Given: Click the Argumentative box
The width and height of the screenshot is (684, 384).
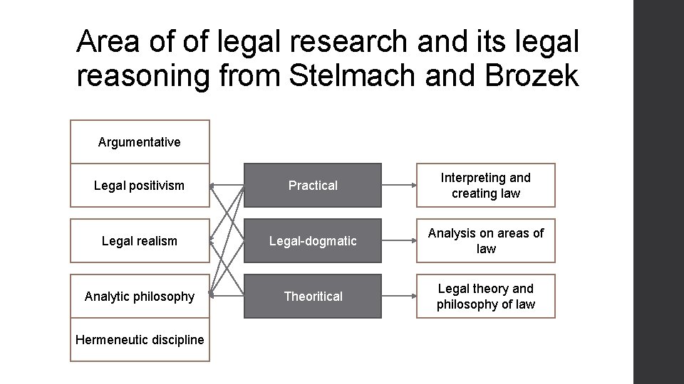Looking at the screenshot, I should tap(140, 142).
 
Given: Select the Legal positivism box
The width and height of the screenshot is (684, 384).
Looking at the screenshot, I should tap(140, 186).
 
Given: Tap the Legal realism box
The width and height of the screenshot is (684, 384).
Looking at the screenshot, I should tap(140, 241).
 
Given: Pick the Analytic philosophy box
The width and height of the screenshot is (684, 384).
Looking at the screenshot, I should tap(140, 297).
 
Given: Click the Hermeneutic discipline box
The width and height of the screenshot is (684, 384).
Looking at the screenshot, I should tap(140, 340).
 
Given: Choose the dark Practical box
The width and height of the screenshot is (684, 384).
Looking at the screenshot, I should tap(313, 186).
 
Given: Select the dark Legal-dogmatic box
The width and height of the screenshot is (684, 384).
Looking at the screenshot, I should tap(313, 241).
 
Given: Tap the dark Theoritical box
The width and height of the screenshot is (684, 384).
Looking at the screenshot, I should tap(313, 297).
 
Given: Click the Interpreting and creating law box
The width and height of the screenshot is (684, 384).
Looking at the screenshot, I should tap(486, 186).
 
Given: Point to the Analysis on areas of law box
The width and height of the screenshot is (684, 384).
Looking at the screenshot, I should tap(486, 241).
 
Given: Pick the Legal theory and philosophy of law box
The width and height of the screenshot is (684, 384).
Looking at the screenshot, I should tap(486, 297).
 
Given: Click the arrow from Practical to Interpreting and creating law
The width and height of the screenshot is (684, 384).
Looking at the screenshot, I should tap(399, 186).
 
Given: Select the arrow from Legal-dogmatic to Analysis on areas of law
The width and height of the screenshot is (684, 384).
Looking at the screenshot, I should tap(399, 241).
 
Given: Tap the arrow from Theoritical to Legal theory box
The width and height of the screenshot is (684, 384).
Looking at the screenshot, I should tap(399, 297).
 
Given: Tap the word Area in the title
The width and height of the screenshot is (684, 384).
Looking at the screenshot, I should tap(105, 43).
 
